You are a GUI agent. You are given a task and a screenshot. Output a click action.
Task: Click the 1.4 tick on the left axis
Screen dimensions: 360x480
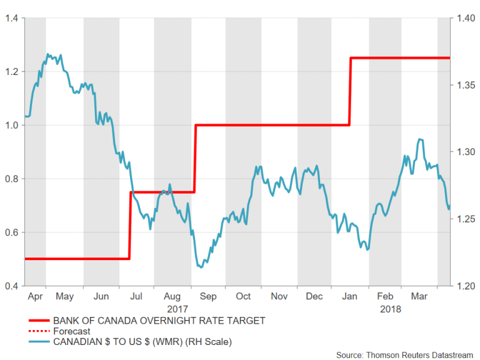click(10, 18)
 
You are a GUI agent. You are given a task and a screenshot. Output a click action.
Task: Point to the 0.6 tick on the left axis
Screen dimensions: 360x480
click(10, 232)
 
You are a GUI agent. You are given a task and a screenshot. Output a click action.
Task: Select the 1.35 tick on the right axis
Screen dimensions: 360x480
click(465, 85)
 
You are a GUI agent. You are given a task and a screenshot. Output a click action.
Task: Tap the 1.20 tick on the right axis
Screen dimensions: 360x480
click(465, 286)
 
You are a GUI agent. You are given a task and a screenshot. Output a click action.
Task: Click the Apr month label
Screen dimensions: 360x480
click(36, 296)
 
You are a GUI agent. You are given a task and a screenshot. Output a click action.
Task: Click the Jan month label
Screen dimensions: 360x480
click(351, 296)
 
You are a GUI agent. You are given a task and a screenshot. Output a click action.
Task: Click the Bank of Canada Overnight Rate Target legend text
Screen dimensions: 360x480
click(159, 321)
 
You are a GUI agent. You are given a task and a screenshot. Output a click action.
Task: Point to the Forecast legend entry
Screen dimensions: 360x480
click(72, 331)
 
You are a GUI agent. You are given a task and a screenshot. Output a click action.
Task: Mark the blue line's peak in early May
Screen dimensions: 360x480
click(49, 54)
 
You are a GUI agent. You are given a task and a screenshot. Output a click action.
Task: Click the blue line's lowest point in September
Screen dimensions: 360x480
click(201, 267)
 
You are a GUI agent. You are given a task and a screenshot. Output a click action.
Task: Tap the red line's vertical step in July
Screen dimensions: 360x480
click(130, 225)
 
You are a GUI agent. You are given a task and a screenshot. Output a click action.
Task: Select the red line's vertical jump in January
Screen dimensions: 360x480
click(350, 91)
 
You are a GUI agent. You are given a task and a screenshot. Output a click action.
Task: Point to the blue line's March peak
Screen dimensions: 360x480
click(420, 139)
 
